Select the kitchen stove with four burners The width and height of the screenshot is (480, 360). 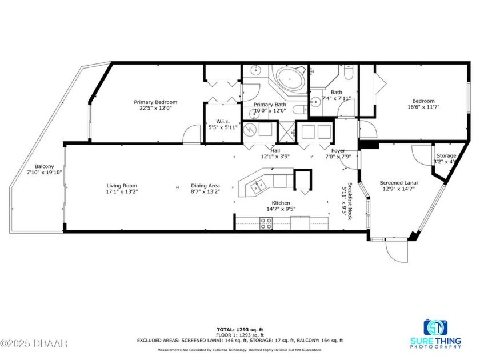pyautogui.click(x=266, y=225)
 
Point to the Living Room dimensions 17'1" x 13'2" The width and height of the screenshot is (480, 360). pyautogui.click(x=122, y=192)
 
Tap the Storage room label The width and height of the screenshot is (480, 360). pyautogui.click(x=446, y=155)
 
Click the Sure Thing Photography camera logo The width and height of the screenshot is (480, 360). pyautogui.click(x=435, y=327)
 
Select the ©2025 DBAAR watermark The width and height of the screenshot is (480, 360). pyautogui.click(x=34, y=343)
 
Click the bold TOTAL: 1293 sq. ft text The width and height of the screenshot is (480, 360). pyautogui.click(x=239, y=330)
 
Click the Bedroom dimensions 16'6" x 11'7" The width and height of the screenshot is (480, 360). pyautogui.click(x=423, y=107)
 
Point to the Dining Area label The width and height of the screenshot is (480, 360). pyautogui.click(x=205, y=186)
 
